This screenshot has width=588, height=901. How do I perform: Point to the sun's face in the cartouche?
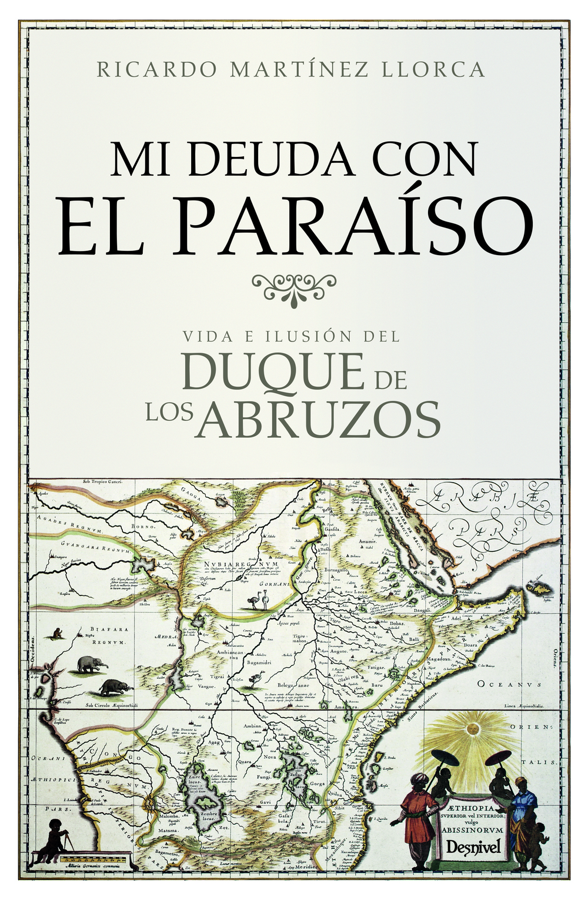coord(471,730)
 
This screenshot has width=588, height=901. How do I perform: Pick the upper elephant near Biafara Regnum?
coord(92,664)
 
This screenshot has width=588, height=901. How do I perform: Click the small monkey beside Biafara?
coord(58,633)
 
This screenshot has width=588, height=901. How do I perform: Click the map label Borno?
coord(141,526)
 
